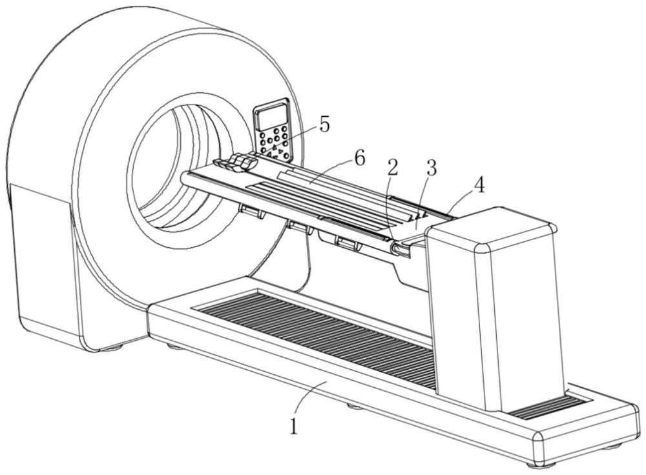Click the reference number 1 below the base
coord(295,425)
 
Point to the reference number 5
coord(324,124)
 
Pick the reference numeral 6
coord(359,157)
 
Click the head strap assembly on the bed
coord(236,163)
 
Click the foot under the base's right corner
coord(536,463)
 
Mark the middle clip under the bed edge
coord(298,226)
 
